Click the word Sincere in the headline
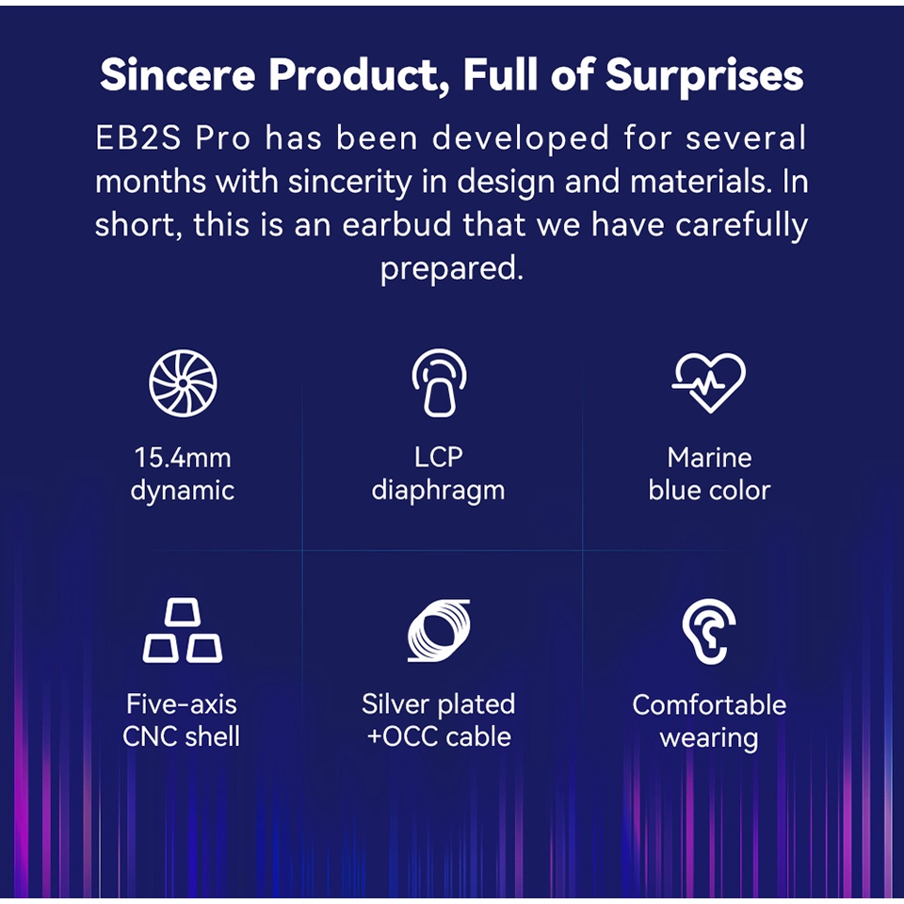coord(178,74)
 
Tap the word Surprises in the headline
coord(704,76)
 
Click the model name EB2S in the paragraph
coord(137,138)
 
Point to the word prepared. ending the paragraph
coord(451,268)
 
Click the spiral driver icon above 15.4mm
coord(183,383)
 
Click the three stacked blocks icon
coord(182,630)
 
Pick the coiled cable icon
coord(439,630)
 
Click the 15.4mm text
coord(183,459)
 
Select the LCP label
coord(439,458)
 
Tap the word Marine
coord(709,459)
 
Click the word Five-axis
coord(182,704)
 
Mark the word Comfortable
coord(709,704)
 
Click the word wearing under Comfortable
coord(709,738)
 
